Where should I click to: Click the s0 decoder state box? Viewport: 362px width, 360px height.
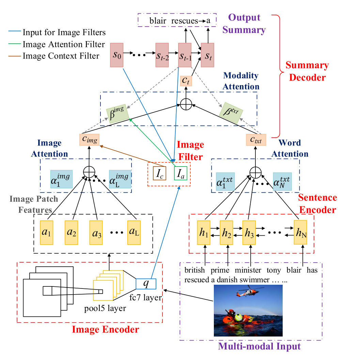coord(117,55)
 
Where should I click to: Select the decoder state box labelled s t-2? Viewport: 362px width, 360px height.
coord(162,55)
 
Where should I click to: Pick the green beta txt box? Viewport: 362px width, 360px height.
coord(231,113)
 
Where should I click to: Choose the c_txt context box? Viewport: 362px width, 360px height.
coord(255,140)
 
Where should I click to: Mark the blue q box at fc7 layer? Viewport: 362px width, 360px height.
coord(146,283)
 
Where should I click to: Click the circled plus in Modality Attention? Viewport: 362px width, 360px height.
coord(186,104)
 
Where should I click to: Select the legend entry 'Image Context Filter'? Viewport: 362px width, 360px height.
coord(61,56)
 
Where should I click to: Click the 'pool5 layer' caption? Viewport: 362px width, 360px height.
coord(105,309)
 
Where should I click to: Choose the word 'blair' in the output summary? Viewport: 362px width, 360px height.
coord(158,21)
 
